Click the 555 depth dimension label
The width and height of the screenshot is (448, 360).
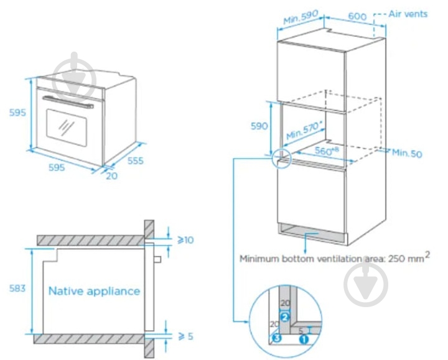[135, 161]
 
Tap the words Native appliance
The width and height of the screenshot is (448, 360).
[94, 290]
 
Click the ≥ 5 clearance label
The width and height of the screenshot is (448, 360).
[185, 336]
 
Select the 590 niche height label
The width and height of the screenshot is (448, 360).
[259, 126]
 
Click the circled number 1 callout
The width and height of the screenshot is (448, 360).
[304, 339]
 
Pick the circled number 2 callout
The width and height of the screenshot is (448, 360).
[284, 316]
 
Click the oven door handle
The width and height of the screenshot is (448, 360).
[65, 101]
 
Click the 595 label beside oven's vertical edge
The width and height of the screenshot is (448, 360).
[17, 113]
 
